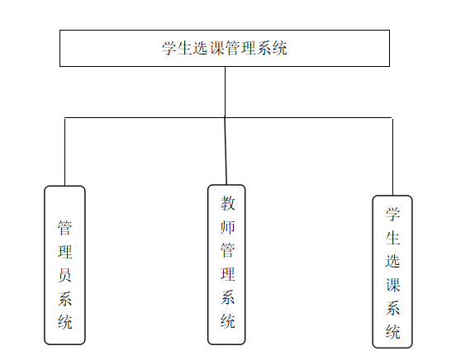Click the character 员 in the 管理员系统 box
coord(64,275)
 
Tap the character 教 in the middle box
coord(227,203)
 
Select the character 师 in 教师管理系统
coord(227,227)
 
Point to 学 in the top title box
coord(169,48)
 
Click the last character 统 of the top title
coord(279,48)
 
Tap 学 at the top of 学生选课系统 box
coord(392,215)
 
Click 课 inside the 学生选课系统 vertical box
coord(392,285)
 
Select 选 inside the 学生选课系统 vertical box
coord(392,261)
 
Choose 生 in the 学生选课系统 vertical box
coord(392,238)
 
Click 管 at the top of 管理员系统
coord(64,228)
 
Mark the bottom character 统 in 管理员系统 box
coord(64,322)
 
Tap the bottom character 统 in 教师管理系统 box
coord(227,321)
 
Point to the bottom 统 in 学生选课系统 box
coord(392,332)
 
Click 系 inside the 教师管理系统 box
coord(227,297)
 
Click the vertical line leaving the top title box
coord(225,92)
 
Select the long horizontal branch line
coord(228,117)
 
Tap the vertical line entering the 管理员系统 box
coord(64,152)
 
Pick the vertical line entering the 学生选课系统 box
coord(393,157)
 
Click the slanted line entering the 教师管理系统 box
coord(226,151)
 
